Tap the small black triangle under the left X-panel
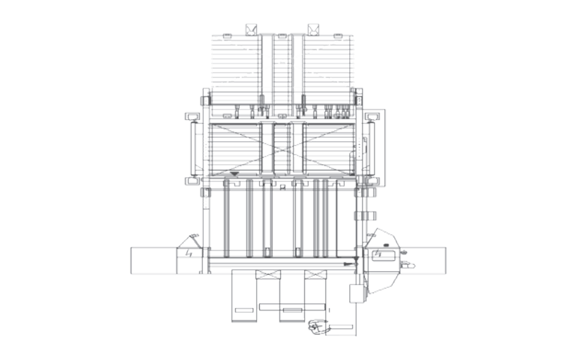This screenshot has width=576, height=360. pyautogui.click(x=235, y=173)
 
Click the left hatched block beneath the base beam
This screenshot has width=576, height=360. pyautogui.click(x=267, y=275)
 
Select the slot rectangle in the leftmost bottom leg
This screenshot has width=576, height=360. pyautogui.click(x=244, y=311)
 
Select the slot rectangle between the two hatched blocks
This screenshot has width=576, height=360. pyautogui.click(x=291, y=311)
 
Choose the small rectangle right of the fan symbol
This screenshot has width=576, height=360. pyautogui.click(x=342, y=327)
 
